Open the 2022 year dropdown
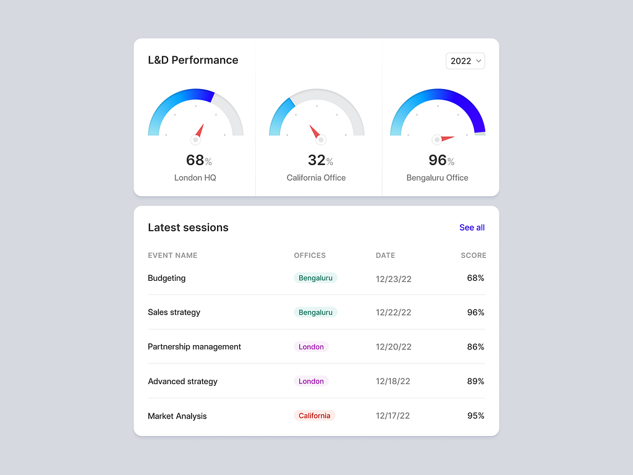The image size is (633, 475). point(465,61)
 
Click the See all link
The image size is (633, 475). point(472,228)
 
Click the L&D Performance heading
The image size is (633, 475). point(193,60)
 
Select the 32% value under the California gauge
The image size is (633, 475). point(320,160)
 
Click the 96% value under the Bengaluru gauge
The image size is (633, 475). point(441,160)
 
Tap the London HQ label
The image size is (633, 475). point(195,178)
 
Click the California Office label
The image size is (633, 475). point(316,178)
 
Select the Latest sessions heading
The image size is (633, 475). point(188,228)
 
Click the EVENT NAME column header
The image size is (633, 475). point(172,255)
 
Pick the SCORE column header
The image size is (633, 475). point(473,255)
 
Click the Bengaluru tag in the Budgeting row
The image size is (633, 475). point(315,278)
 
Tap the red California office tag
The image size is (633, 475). point(314,416)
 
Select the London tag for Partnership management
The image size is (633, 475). point(311,347)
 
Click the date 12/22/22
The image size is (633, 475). point(393,313)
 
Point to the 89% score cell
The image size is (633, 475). point(475,382)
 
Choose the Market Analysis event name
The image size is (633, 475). point(177,416)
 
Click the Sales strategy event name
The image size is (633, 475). point(174,312)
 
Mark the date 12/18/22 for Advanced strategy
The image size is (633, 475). point(393,382)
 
